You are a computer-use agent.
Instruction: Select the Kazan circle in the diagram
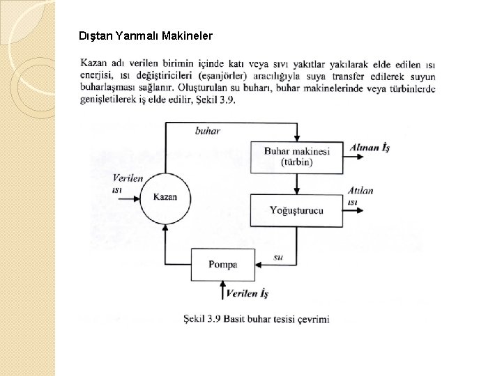(x=165, y=197)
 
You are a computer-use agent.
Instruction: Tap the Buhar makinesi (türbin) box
(x=297, y=157)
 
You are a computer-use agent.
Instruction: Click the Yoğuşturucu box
(x=297, y=210)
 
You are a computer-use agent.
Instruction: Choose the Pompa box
(x=223, y=265)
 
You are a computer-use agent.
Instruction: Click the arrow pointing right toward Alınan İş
(x=354, y=157)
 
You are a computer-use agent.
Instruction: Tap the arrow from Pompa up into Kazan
(x=165, y=237)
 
